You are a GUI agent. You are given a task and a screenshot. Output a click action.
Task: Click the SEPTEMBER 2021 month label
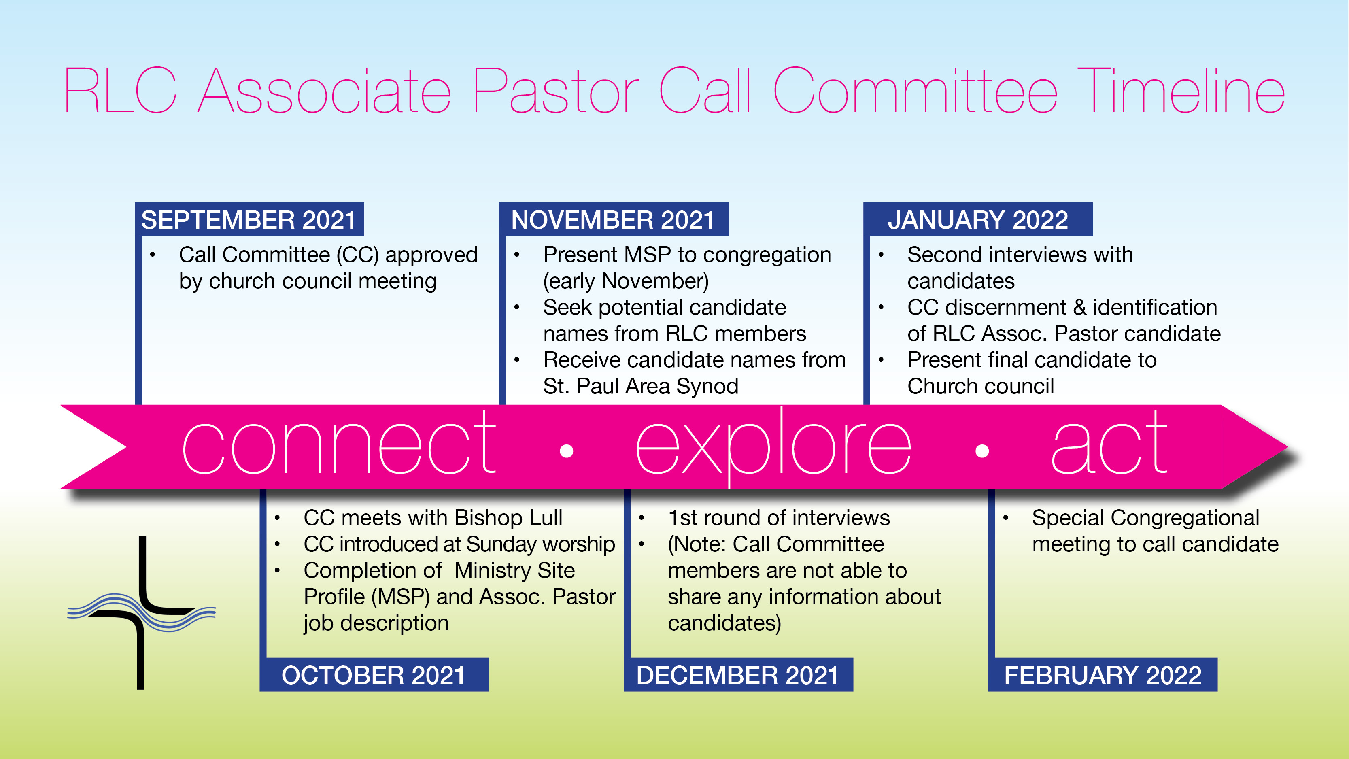pos(249,219)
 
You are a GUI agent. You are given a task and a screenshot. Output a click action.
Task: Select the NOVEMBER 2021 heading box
pos(613,219)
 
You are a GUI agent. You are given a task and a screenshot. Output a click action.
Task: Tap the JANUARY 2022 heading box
pos(978,219)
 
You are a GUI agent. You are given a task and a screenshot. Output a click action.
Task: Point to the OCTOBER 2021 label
pos(374,675)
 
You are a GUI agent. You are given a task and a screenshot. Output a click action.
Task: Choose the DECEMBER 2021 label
pos(738,675)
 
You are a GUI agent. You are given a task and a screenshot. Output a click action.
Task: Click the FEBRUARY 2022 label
pos(1103,675)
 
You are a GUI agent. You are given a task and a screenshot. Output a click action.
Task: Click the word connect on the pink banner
pos(339,442)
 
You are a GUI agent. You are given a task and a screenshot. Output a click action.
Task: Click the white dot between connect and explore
pos(567,451)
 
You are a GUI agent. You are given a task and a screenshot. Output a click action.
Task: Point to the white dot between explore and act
pos(982,451)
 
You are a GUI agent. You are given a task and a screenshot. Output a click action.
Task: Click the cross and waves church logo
pos(141,612)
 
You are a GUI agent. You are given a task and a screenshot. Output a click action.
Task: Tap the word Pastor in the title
pos(556,91)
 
